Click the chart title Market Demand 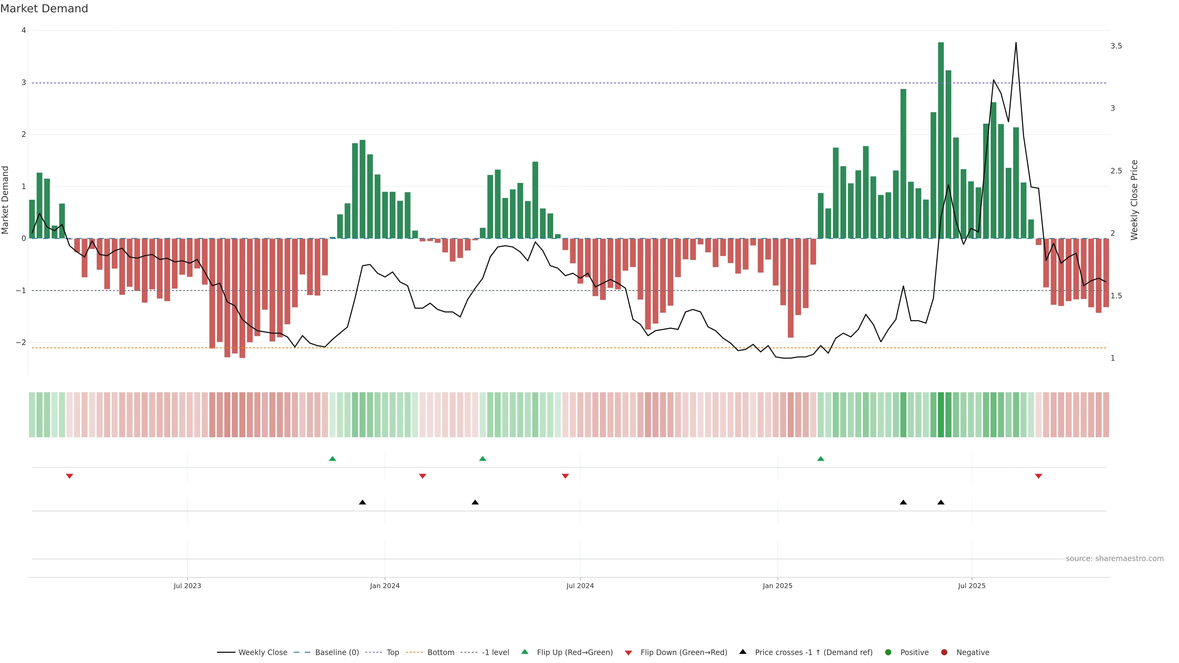(44, 9)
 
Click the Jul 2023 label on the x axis (187, 586)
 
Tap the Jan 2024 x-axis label (384, 586)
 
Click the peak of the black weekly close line (1016, 43)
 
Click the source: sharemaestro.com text (1115, 559)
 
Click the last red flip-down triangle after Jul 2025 (1038, 476)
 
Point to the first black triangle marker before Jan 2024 (363, 502)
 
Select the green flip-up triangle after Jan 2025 (821, 459)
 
